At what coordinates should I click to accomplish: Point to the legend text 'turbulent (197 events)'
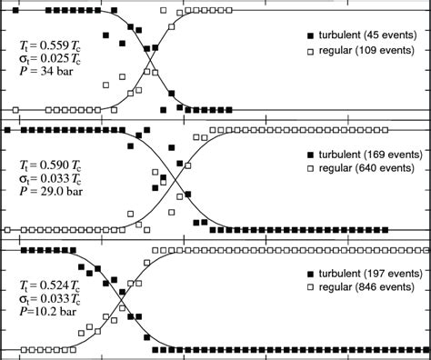coord(371,274)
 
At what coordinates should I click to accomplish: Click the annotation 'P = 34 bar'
coord(45,73)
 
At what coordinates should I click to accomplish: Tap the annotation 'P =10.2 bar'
coord(47,310)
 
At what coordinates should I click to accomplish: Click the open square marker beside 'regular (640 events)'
coord(310,170)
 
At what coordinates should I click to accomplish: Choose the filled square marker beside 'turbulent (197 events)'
coord(310,274)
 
